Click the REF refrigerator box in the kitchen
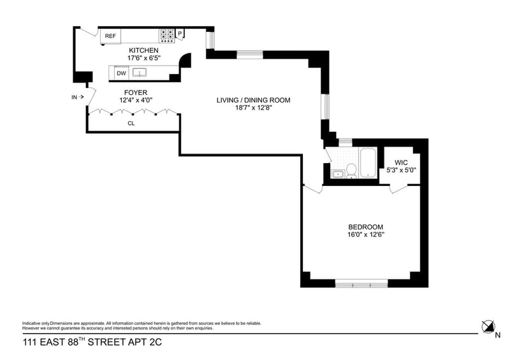pos(110,36)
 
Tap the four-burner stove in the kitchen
pos(167,36)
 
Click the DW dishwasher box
pos(121,74)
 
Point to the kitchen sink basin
pos(140,73)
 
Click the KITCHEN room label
pos(143,50)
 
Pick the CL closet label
pos(131,123)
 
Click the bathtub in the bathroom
pos(368,164)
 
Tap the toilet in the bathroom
pos(350,170)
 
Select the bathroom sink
pos(337,173)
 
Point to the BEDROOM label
pos(366,227)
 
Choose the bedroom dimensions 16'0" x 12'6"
pos(366,234)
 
